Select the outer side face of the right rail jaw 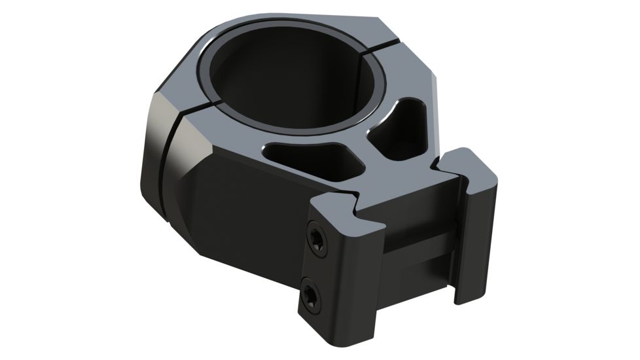pos(481,236)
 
